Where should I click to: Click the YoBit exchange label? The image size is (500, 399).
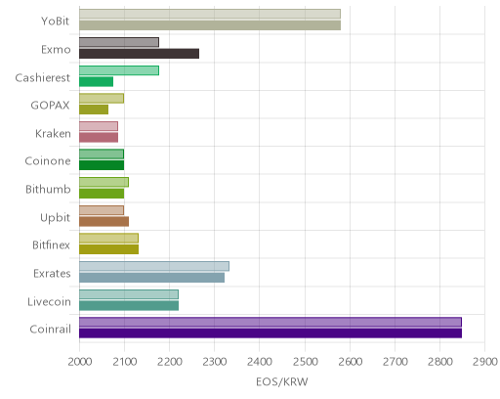55,22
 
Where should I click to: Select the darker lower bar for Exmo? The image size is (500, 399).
139,54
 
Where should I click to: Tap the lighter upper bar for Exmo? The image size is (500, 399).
119,42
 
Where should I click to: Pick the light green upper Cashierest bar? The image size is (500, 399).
119,70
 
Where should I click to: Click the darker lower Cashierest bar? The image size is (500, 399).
96,82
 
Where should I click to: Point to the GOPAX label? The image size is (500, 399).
50,106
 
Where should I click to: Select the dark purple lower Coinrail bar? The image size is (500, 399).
271,333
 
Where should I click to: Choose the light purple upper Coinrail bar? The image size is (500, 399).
271,322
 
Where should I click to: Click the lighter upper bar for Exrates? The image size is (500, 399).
154,266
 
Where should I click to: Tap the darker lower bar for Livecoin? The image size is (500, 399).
129,306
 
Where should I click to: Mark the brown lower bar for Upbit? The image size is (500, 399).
104,222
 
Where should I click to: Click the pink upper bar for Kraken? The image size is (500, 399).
99,126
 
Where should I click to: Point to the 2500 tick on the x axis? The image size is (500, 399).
305,362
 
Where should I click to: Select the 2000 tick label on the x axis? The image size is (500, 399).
80,362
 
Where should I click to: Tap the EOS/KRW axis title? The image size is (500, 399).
282,382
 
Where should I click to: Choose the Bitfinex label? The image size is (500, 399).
51,245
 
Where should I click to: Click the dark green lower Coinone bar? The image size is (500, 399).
102,165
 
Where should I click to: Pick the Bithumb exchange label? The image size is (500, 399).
48,190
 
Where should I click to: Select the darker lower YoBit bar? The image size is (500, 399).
210,25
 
